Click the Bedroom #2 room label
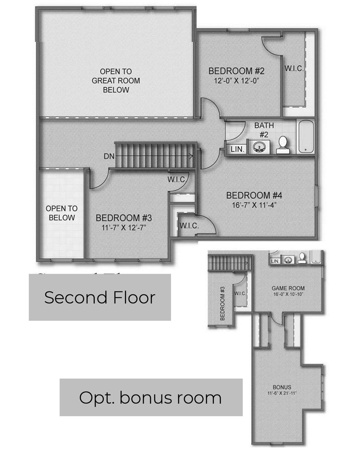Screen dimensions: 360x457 [236, 71]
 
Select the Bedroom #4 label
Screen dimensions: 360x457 [254, 195]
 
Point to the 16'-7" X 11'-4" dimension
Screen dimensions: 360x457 [254, 205]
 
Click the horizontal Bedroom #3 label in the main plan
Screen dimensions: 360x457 [124, 218]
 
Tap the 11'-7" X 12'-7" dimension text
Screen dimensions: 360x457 [124, 228]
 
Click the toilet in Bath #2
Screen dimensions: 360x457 [283, 145]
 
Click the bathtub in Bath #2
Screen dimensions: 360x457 [306, 136]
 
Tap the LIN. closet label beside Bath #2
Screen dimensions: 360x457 [237, 149]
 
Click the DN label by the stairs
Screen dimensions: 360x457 [109, 156]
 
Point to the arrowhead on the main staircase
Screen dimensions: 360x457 [191, 157]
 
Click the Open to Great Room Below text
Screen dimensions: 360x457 [116, 81]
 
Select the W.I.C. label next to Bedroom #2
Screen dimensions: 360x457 [294, 68]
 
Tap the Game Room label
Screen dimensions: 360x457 [288, 288]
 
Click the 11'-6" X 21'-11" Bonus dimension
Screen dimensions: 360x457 [282, 393]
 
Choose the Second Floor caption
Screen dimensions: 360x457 [100, 298]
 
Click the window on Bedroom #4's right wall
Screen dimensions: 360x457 [316, 196]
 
